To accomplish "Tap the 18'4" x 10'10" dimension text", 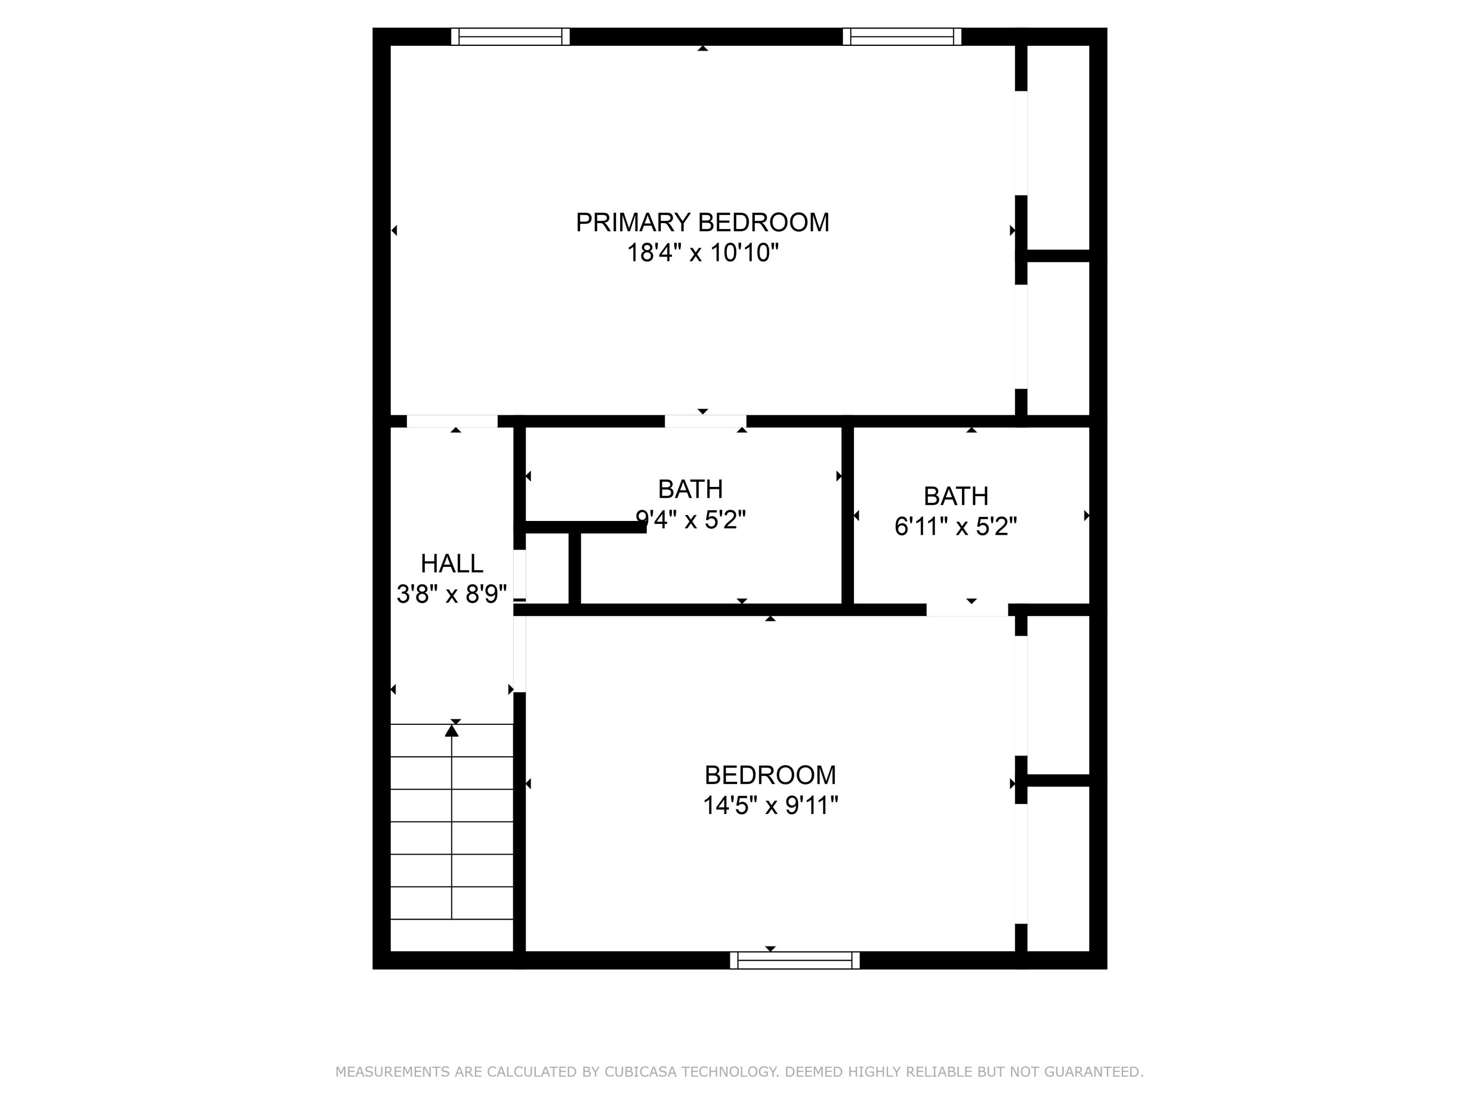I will [702, 253].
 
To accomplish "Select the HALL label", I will [451, 563].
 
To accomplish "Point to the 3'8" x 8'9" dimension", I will [451, 594].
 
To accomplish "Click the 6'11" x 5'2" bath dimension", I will [956, 526].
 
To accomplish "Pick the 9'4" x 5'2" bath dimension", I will [691, 519].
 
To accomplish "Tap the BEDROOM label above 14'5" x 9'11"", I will [770, 775].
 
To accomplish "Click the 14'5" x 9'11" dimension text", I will [770, 805].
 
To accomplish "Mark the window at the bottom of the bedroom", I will [794, 960].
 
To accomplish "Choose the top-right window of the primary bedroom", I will [901, 37].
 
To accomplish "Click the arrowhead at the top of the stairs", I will [451, 731].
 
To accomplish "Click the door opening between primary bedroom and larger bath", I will [705, 421].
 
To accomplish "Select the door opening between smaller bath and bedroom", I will [967, 610].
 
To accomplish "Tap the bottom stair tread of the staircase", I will [451, 935].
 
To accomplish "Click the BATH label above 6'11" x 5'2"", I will [956, 496].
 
